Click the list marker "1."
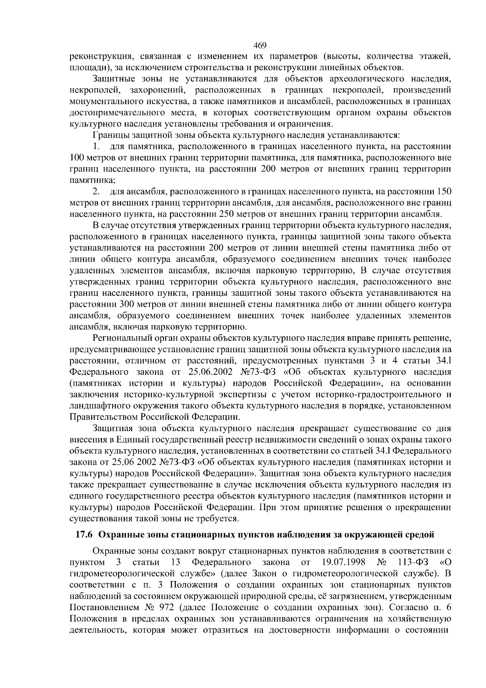[96, 146]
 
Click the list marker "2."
[96, 191]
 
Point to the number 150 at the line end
[444, 191]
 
